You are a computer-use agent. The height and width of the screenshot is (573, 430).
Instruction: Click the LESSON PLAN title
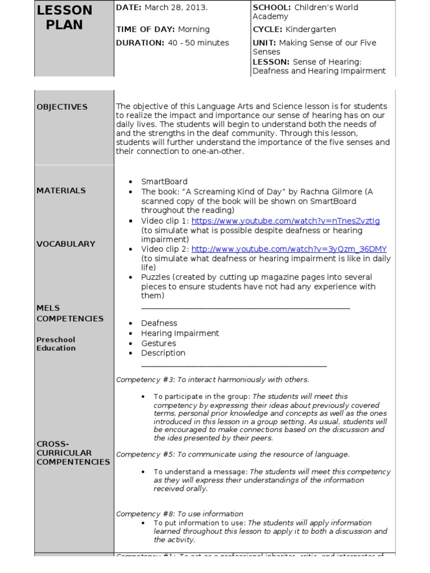coord(64,17)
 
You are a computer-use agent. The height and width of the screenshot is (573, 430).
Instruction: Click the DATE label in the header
coord(129,7)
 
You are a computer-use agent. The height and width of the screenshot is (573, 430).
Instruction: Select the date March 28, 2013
coord(176,7)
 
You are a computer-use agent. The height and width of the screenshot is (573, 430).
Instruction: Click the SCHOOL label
coord(272,7)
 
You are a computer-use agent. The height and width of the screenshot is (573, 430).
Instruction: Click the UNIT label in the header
coord(265,43)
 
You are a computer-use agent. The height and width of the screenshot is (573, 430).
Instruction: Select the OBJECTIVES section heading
coord(62,106)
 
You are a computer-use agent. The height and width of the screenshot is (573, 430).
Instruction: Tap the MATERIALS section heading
coord(62,190)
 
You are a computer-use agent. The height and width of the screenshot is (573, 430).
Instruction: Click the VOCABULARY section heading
coord(66,243)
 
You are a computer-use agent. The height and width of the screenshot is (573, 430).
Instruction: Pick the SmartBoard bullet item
coord(164,181)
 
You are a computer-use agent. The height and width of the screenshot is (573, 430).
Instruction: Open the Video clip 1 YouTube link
coord(286,220)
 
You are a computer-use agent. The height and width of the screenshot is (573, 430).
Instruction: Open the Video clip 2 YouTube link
coord(289,249)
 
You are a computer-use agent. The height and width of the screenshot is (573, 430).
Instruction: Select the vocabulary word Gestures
coord(159,343)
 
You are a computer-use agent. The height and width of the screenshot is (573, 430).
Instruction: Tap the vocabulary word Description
coord(163,353)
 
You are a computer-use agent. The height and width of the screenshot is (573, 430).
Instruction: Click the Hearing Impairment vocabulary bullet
coord(180,333)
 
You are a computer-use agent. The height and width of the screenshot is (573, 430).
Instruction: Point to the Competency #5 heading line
coord(232,454)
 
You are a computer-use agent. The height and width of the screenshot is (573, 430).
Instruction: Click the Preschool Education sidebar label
coord(56,344)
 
